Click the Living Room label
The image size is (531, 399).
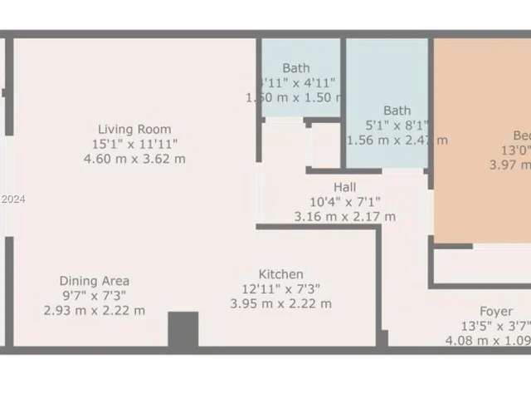point(134,129)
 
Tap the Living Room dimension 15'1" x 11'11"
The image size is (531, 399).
point(134,144)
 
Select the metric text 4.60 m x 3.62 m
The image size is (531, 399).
point(134,159)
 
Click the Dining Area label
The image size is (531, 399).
point(94,281)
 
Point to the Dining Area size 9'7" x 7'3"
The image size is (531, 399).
point(94,296)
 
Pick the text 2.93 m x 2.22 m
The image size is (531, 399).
point(94,311)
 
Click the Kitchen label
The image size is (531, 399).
point(280,274)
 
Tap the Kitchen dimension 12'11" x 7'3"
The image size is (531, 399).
point(280,289)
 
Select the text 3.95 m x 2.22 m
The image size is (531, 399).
point(280,304)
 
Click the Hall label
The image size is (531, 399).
point(345,187)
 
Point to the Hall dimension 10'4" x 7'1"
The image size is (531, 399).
point(345,202)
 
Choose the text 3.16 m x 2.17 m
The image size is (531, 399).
point(345,217)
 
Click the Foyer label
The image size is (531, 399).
point(495,311)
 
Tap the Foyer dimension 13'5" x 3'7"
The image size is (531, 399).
point(495,326)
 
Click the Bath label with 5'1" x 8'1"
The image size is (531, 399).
point(397,110)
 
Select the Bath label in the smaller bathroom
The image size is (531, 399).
point(295,68)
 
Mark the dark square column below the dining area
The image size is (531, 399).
point(183,330)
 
